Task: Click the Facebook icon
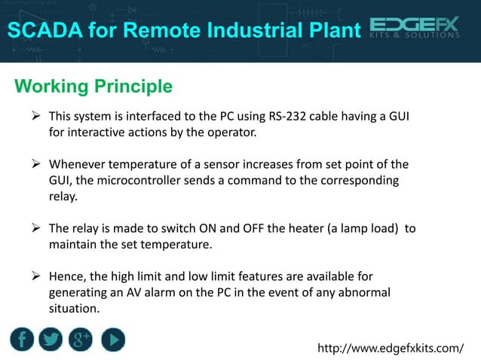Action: (x=22, y=340)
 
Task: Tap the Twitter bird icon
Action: (x=51, y=340)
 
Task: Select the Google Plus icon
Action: (x=81, y=340)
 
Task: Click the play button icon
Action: (x=112, y=340)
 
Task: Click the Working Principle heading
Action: (x=93, y=87)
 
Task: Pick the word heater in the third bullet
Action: (x=278, y=228)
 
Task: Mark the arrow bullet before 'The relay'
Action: (x=35, y=228)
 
